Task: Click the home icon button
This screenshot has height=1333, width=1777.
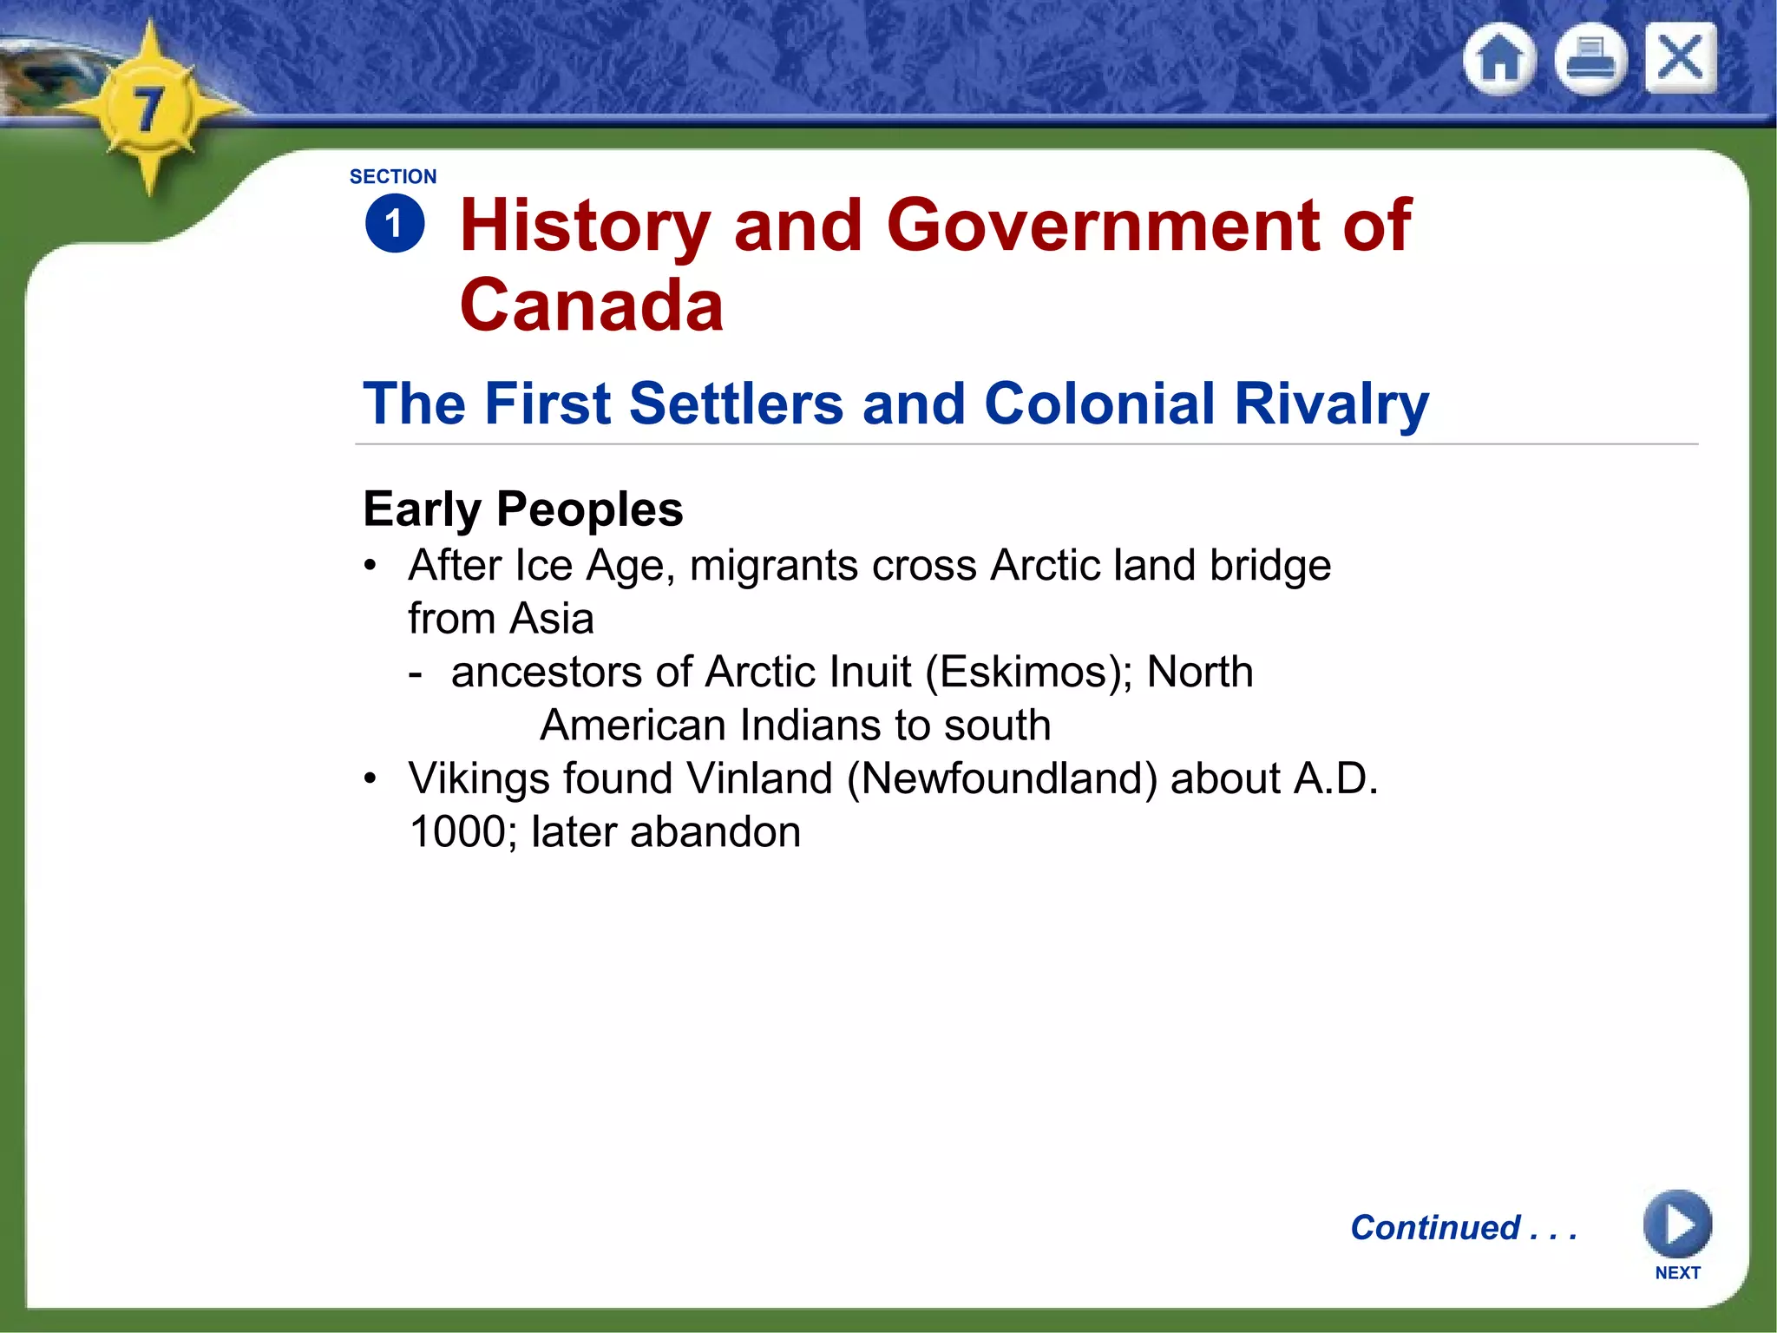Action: pos(1499,59)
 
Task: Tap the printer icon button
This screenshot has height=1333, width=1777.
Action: pos(1590,59)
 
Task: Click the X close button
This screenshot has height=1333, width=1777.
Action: pos(1680,58)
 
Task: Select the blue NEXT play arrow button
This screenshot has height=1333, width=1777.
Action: pos(1676,1225)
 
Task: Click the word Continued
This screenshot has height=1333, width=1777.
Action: pos(1435,1227)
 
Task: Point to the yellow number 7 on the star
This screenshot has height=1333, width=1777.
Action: pos(148,109)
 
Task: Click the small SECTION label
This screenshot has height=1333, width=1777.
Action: pos(393,177)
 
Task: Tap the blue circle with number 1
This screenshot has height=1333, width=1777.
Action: pos(395,224)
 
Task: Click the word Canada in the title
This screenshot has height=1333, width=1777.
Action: pos(591,305)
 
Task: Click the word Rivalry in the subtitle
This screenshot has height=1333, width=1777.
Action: pos(1331,404)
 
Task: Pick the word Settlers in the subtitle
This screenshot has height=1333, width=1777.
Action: pos(736,404)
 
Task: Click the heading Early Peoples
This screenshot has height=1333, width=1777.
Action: pos(522,509)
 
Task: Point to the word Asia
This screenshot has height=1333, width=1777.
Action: pos(552,619)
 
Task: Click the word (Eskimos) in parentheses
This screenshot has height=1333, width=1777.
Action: pos(1029,673)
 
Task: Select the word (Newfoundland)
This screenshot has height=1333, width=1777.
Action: pos(1002,778)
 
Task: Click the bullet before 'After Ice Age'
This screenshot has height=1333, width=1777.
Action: pos(370,566)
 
